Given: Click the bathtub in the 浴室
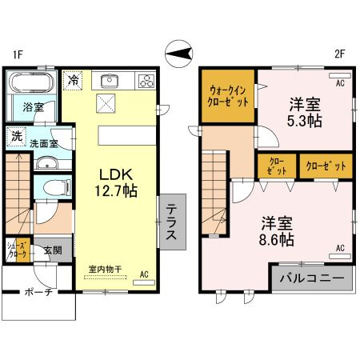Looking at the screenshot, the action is pos(32,82).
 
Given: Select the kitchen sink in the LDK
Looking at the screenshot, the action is pos(110,81).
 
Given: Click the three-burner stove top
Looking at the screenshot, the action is pos(146,81).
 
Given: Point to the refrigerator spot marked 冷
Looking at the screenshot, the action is pos(73,80).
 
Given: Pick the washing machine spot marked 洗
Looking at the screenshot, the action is pos(17,137).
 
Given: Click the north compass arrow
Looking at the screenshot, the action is pos(179,54).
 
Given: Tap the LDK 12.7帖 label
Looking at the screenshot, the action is pos(116,183).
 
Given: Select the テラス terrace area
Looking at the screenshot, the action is pos(173,222).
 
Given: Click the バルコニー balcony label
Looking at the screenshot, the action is pos(312,278).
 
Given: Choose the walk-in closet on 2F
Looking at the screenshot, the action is pos(228,96).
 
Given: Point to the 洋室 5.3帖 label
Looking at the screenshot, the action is pos(305,113).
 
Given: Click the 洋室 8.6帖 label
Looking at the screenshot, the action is pos(277,231).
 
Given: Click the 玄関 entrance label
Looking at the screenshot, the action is pos(53,250).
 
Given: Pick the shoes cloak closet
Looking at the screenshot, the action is pos(18,250).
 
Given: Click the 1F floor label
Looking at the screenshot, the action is pos(18,54).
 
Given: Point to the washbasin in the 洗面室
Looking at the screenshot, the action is pos(46,162).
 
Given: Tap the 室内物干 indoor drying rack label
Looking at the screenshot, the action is pos(105,269).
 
